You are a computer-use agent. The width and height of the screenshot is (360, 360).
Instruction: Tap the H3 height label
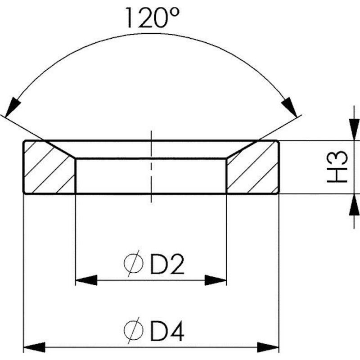click(x=337, y=167)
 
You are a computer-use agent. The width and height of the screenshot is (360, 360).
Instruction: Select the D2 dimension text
click(x=167, y=264)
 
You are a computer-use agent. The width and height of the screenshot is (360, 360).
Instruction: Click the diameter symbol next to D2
click(x=134, y=263)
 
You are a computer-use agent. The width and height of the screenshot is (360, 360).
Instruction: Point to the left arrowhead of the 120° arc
click(x=12, y=107)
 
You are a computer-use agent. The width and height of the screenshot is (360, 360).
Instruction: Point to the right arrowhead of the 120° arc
click(x=290, y=107)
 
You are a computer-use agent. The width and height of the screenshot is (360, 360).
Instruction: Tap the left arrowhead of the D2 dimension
click(x=86, y=280)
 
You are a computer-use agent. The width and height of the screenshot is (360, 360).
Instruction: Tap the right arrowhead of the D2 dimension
click(x=216, y=280)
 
